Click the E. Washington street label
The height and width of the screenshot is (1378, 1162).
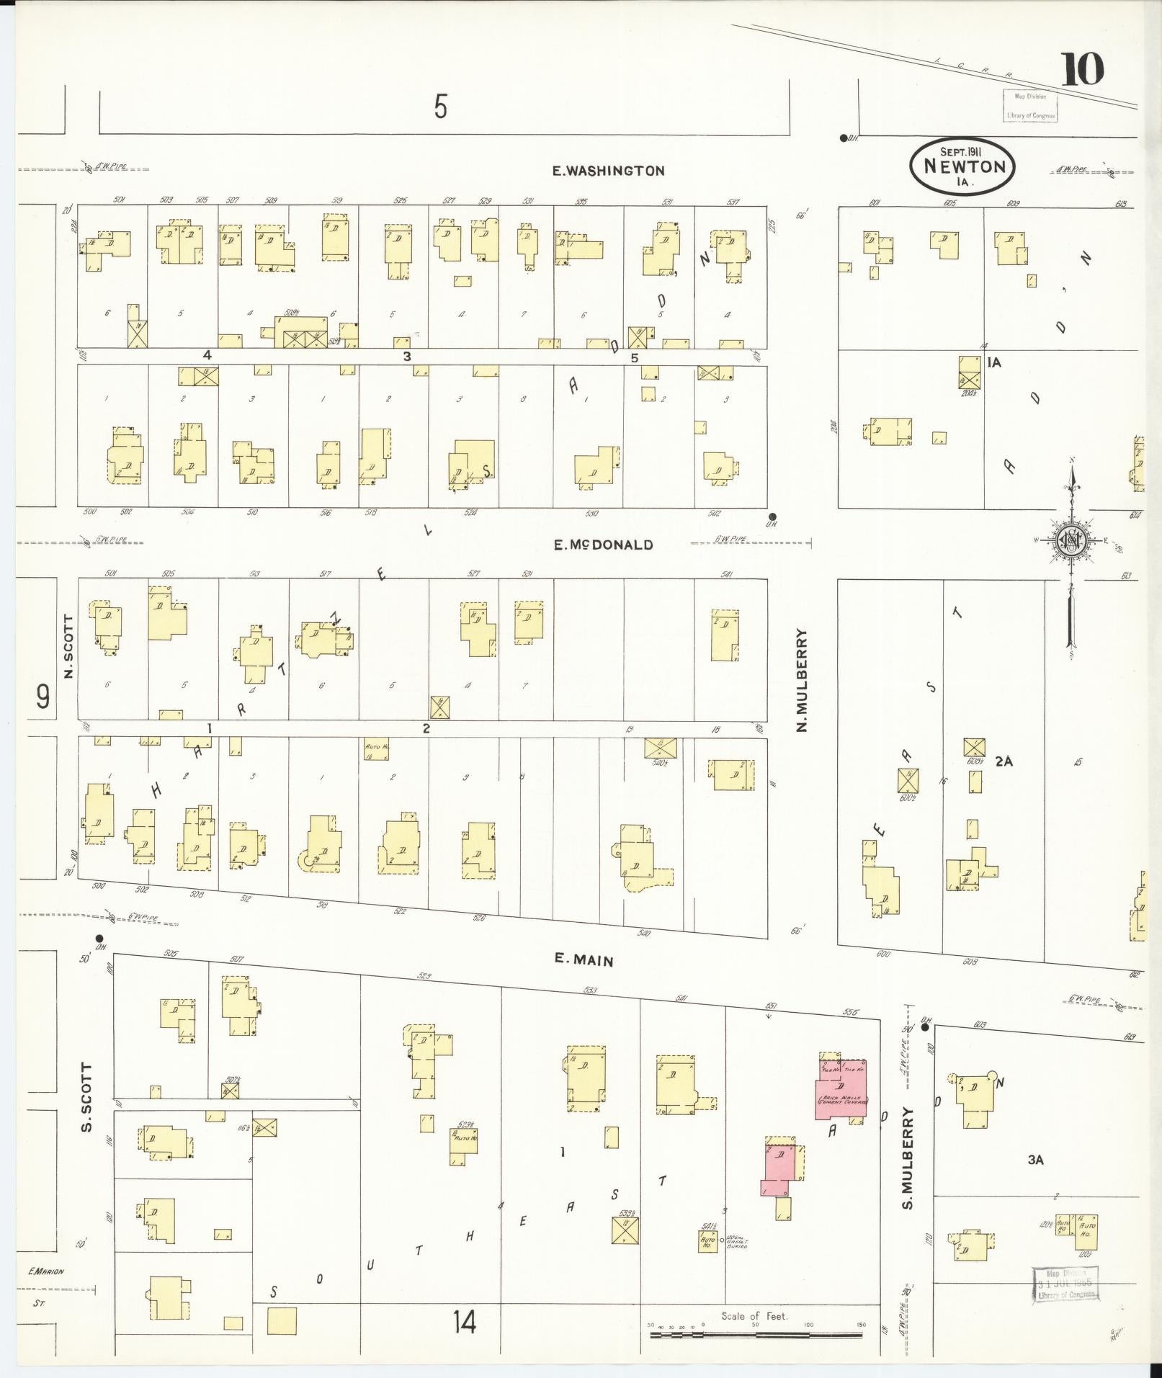click(608, 171)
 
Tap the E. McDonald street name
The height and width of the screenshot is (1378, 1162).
click(603, 545)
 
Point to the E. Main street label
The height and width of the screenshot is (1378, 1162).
click(584, 959)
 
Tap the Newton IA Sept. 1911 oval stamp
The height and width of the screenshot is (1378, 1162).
click(963, 166)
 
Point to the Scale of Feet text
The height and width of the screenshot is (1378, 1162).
click(754, 1316)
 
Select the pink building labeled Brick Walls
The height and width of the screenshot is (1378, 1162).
click(841, 1099)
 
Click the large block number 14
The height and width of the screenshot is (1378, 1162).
click(465, 1322)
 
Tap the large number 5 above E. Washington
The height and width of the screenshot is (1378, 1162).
click(440, 107)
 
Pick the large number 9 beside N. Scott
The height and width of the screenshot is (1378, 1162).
click(43, 697)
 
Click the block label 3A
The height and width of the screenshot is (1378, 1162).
click(1035, 1160)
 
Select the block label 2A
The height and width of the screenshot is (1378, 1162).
click(1004, 761)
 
